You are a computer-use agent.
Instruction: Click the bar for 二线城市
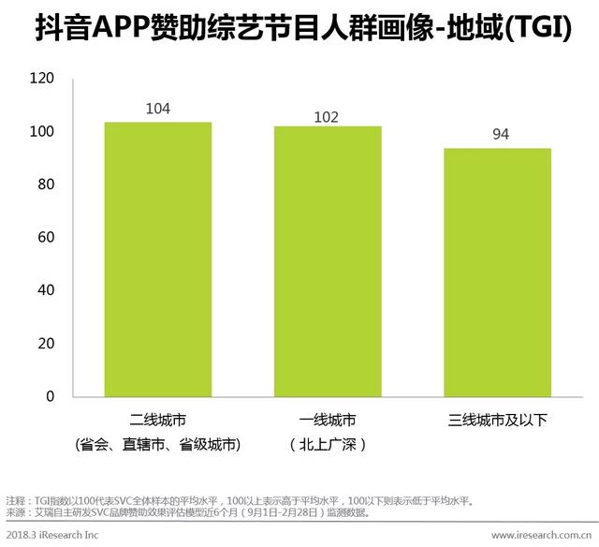157,259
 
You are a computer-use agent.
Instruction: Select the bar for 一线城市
328,261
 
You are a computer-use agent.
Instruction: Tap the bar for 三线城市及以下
497,272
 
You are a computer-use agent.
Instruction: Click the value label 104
157,110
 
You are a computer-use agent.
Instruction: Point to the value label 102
326,117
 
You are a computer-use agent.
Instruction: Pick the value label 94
501,135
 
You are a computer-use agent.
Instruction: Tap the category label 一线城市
327,420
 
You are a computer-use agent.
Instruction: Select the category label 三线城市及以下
497,420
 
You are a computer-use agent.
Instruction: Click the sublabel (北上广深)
327,444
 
